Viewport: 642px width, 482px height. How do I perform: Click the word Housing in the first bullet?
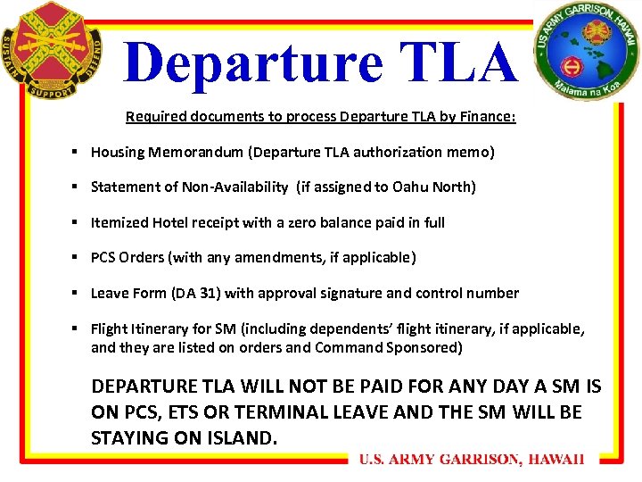coord(118,152)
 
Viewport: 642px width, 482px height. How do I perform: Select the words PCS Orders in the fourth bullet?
coord(128,257)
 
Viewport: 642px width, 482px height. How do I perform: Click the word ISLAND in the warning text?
coord(243,438)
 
